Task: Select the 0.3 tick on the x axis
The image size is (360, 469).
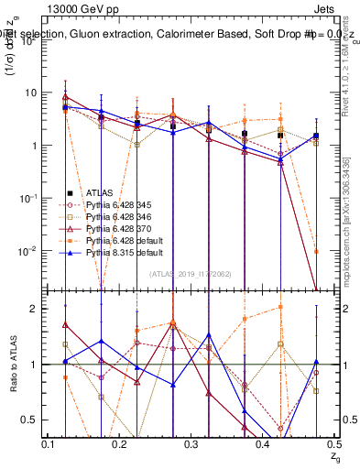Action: (191, 444)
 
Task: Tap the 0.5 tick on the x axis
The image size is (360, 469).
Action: (334, 444)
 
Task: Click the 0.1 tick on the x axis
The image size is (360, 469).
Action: (49, 444)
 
